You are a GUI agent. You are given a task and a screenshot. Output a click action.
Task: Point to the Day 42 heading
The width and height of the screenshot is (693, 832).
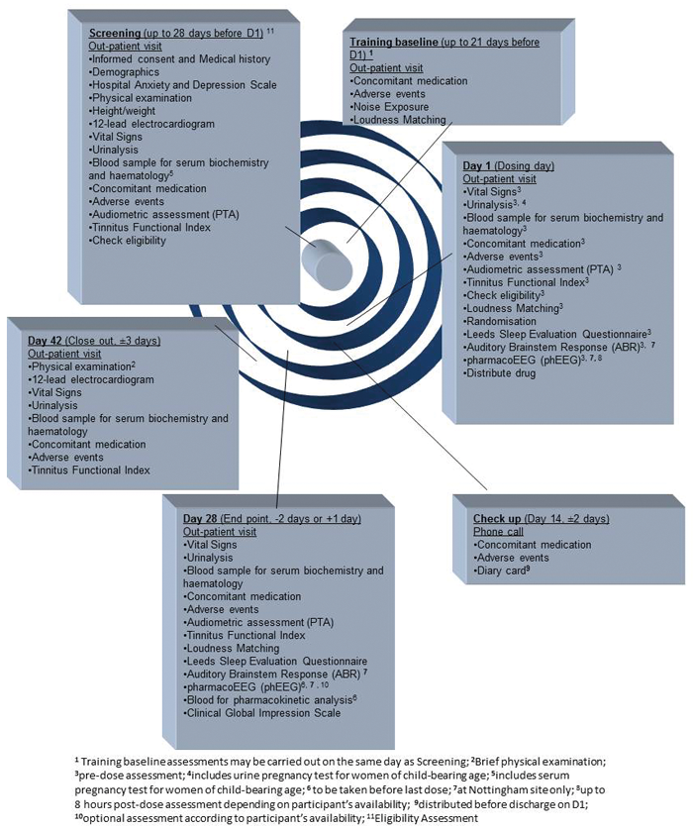point(49,339)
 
